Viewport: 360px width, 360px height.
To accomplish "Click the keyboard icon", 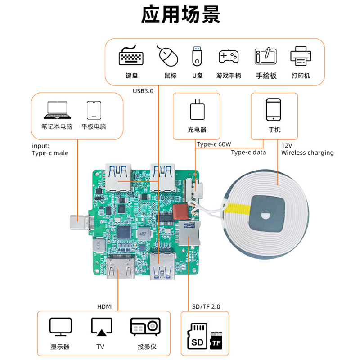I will pos(130,56).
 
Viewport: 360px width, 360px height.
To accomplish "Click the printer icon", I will pos(301,56).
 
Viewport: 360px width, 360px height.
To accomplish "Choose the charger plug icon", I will pos(197,110).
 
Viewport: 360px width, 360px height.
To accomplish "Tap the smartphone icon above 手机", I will pos(274,110).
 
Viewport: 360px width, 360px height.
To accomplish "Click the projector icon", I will pos(145,327).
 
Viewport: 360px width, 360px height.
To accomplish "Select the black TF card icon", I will pos(216,341).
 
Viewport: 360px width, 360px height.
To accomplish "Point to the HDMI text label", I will pos(105,307).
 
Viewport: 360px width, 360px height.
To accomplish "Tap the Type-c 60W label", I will pos(214,144).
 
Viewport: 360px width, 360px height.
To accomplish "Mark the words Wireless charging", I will pos(307,153).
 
